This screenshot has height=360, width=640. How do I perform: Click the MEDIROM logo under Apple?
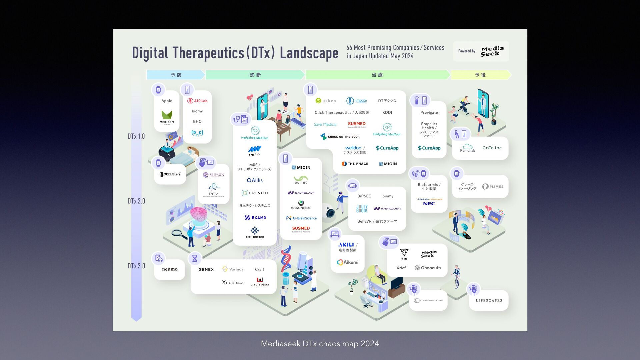tap(167, 116)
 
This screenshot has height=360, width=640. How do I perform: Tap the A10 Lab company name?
tap(197, 101)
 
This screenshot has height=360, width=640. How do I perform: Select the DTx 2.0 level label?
tap(136, 201)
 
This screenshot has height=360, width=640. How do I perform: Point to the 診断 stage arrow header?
tap(255, 75)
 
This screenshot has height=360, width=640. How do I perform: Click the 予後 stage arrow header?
tap(480, 75)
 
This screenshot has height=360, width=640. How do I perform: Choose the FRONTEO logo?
tap(255, 193)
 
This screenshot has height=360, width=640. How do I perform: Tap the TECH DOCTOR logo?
tap(255, 232)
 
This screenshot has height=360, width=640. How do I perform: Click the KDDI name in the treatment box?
tap(387, 113)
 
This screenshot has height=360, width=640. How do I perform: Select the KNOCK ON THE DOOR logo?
tap(340, 137)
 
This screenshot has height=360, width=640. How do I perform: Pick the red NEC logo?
tap(429, 203)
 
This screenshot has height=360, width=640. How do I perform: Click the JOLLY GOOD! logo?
tap(362, 209)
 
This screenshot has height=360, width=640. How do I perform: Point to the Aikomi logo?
tap(347, 262)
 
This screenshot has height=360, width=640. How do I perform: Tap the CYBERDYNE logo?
tap(428, 300)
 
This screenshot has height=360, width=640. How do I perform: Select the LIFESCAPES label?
tap(489, 300)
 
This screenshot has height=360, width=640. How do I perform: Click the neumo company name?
tap(170, 269)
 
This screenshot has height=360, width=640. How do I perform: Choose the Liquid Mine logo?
tap(260, 282)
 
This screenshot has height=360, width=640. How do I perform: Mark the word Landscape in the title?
tap(309, 53)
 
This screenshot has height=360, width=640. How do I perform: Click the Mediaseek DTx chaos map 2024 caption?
tap(320, 344)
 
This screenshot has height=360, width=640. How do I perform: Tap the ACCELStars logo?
tap(170, 174)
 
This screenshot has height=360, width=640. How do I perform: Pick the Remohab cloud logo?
tap(468, 148)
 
